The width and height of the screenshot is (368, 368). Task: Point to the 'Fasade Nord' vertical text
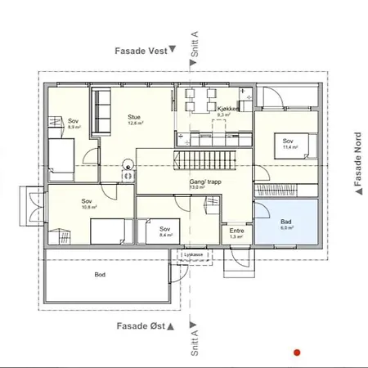357,160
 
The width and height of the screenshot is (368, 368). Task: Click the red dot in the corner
297,352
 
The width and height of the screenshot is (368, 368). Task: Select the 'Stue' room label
134,118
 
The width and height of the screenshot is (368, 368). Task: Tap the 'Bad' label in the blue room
285,222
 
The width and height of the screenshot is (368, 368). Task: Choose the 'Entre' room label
236,231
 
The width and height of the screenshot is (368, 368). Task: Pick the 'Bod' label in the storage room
100,275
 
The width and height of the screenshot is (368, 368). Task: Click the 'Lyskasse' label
194,255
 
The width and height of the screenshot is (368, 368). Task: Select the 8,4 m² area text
164,236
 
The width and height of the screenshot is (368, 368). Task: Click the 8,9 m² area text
73,128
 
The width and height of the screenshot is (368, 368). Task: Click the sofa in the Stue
101,112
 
